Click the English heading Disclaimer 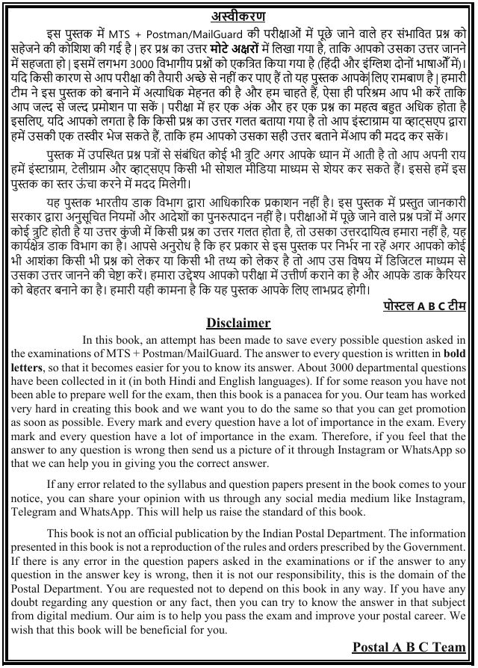[x=238, y=323]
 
